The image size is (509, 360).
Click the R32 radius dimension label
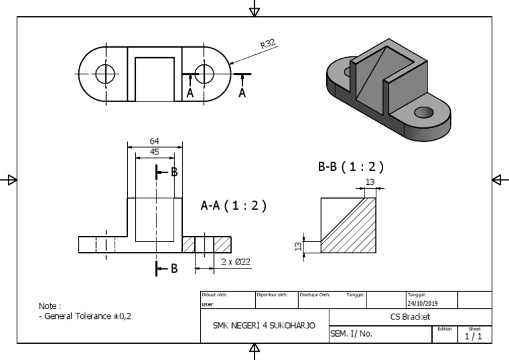coord(268,45)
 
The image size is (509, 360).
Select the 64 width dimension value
coord(154,141)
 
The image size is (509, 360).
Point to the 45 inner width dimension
coord(154,151)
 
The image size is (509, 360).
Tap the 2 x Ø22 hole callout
coord(235,263)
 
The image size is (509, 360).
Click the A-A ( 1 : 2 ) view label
coord(233,206)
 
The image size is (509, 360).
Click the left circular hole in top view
coord(104,74)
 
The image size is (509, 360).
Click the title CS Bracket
coord(410,317)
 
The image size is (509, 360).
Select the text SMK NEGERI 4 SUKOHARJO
coord(264,326)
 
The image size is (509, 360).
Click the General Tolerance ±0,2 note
coord(85,316)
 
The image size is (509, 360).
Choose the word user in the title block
coord(207,304)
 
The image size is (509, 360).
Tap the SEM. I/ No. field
coord(351,334)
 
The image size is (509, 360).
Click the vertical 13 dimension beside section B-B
coord(299,247)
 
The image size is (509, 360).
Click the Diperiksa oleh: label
coord(272,294)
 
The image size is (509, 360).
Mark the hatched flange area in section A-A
coord(189,245)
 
